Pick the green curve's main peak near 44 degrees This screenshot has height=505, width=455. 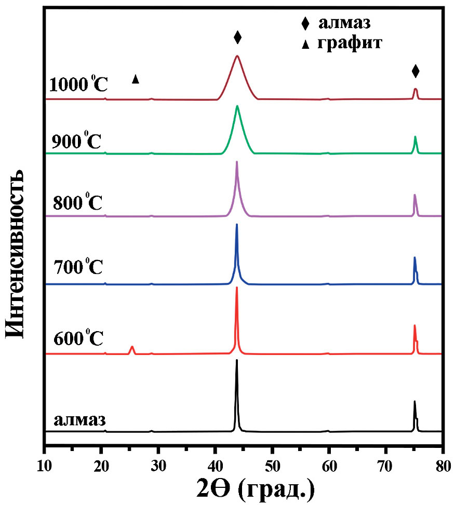click(x=237, y=107)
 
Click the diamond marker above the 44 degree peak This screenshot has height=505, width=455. click(x=237, y=37)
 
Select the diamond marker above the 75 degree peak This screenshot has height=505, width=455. click(x=415, y=71)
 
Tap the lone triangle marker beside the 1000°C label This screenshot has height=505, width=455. click(x=136, y=79)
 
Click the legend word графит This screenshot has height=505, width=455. click(x=352, y=44)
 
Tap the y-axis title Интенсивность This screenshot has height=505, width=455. click(x=17, y=253)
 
